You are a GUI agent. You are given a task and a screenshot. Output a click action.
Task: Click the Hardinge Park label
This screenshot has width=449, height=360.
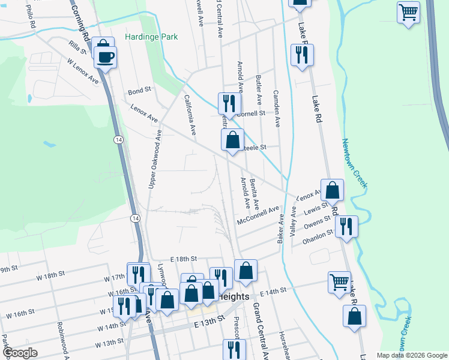coord(151,37)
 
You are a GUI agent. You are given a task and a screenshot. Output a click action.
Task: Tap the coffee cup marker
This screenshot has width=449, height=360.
coord(106,58)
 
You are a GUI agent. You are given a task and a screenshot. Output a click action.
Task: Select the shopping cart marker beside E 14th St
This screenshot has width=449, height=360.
coord(340,281)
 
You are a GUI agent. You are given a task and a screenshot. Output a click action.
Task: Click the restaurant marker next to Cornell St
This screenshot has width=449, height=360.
coord(228,103)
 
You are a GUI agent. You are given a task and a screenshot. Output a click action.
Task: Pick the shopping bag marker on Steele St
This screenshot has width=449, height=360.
coord(232,140)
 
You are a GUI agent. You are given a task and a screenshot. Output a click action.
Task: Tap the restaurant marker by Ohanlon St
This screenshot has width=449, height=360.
coord(346,226)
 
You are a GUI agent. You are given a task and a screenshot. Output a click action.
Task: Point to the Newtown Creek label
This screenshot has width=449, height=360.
coord(354,163)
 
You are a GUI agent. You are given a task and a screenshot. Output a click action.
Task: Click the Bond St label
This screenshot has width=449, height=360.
coord(139,92)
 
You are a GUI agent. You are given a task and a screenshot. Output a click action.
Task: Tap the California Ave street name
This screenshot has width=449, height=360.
coord(190,115)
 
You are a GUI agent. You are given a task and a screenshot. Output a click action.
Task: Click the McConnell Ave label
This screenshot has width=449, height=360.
coord(259,216)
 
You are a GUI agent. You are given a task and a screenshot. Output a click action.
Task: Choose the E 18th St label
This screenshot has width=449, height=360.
coord(183,258)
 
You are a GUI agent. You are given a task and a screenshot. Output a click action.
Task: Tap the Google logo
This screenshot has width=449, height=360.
coord(20,353)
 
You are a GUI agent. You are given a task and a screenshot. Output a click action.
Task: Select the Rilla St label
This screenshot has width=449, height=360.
coord(78,47)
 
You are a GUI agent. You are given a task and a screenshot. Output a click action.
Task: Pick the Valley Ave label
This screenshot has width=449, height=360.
coord(294,221)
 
